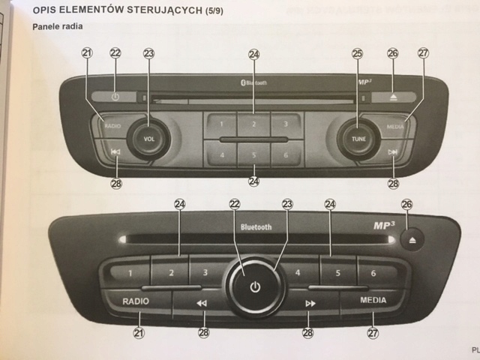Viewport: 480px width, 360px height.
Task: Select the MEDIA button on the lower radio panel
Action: (x=373, y=300)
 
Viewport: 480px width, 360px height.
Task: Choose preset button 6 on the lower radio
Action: (x=373, y=274)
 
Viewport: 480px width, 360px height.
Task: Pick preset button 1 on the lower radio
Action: (x=129, y=274)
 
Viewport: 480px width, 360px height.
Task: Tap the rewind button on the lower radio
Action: (x=201, y=304)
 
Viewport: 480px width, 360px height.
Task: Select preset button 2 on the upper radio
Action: (x=254, y=124)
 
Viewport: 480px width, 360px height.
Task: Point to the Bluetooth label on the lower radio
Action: (x=256, y=226)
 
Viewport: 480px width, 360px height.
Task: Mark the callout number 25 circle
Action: (x=357, y=53)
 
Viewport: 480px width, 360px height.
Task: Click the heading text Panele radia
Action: (x=58, y=26)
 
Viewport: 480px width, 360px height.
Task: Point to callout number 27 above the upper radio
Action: (x=424, y=53)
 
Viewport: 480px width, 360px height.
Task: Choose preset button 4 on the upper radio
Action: (x=221, y=155)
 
